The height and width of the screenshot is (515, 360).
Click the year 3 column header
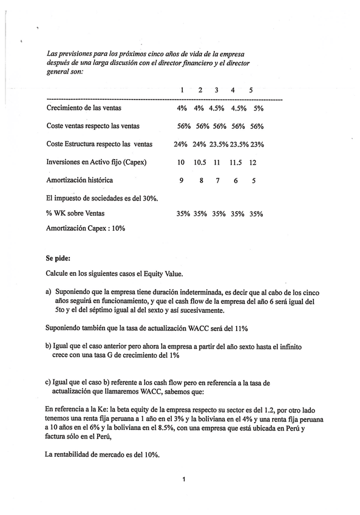pyautogui.click(x=216, y=90)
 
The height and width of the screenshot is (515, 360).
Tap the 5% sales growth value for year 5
pyautogui.click(x=259, y=108)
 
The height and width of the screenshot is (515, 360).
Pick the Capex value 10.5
pyautogui.click(x=200, y=163)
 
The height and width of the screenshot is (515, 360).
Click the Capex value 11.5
pyautogui.click(x=236, y=163)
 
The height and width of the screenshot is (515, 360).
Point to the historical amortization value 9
pyautogui.click(x=181, y=180)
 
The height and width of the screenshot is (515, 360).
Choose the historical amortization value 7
pyautogui.click(x=217, y=180)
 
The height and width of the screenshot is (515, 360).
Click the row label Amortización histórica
pyautogui.click(x=80, y=180)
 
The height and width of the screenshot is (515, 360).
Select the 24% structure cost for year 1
pyautogui.click(x=180, y=145)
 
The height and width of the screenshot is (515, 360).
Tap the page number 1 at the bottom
pyautogui.click(x=183, y=480)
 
